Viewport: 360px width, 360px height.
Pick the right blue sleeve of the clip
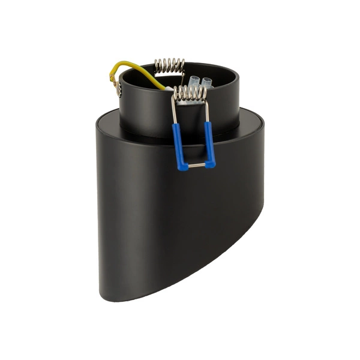[209, 144]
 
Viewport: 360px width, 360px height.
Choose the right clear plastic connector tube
[207, 82]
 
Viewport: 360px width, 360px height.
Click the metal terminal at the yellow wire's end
[118, 89]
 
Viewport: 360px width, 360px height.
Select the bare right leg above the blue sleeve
[207, 111]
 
